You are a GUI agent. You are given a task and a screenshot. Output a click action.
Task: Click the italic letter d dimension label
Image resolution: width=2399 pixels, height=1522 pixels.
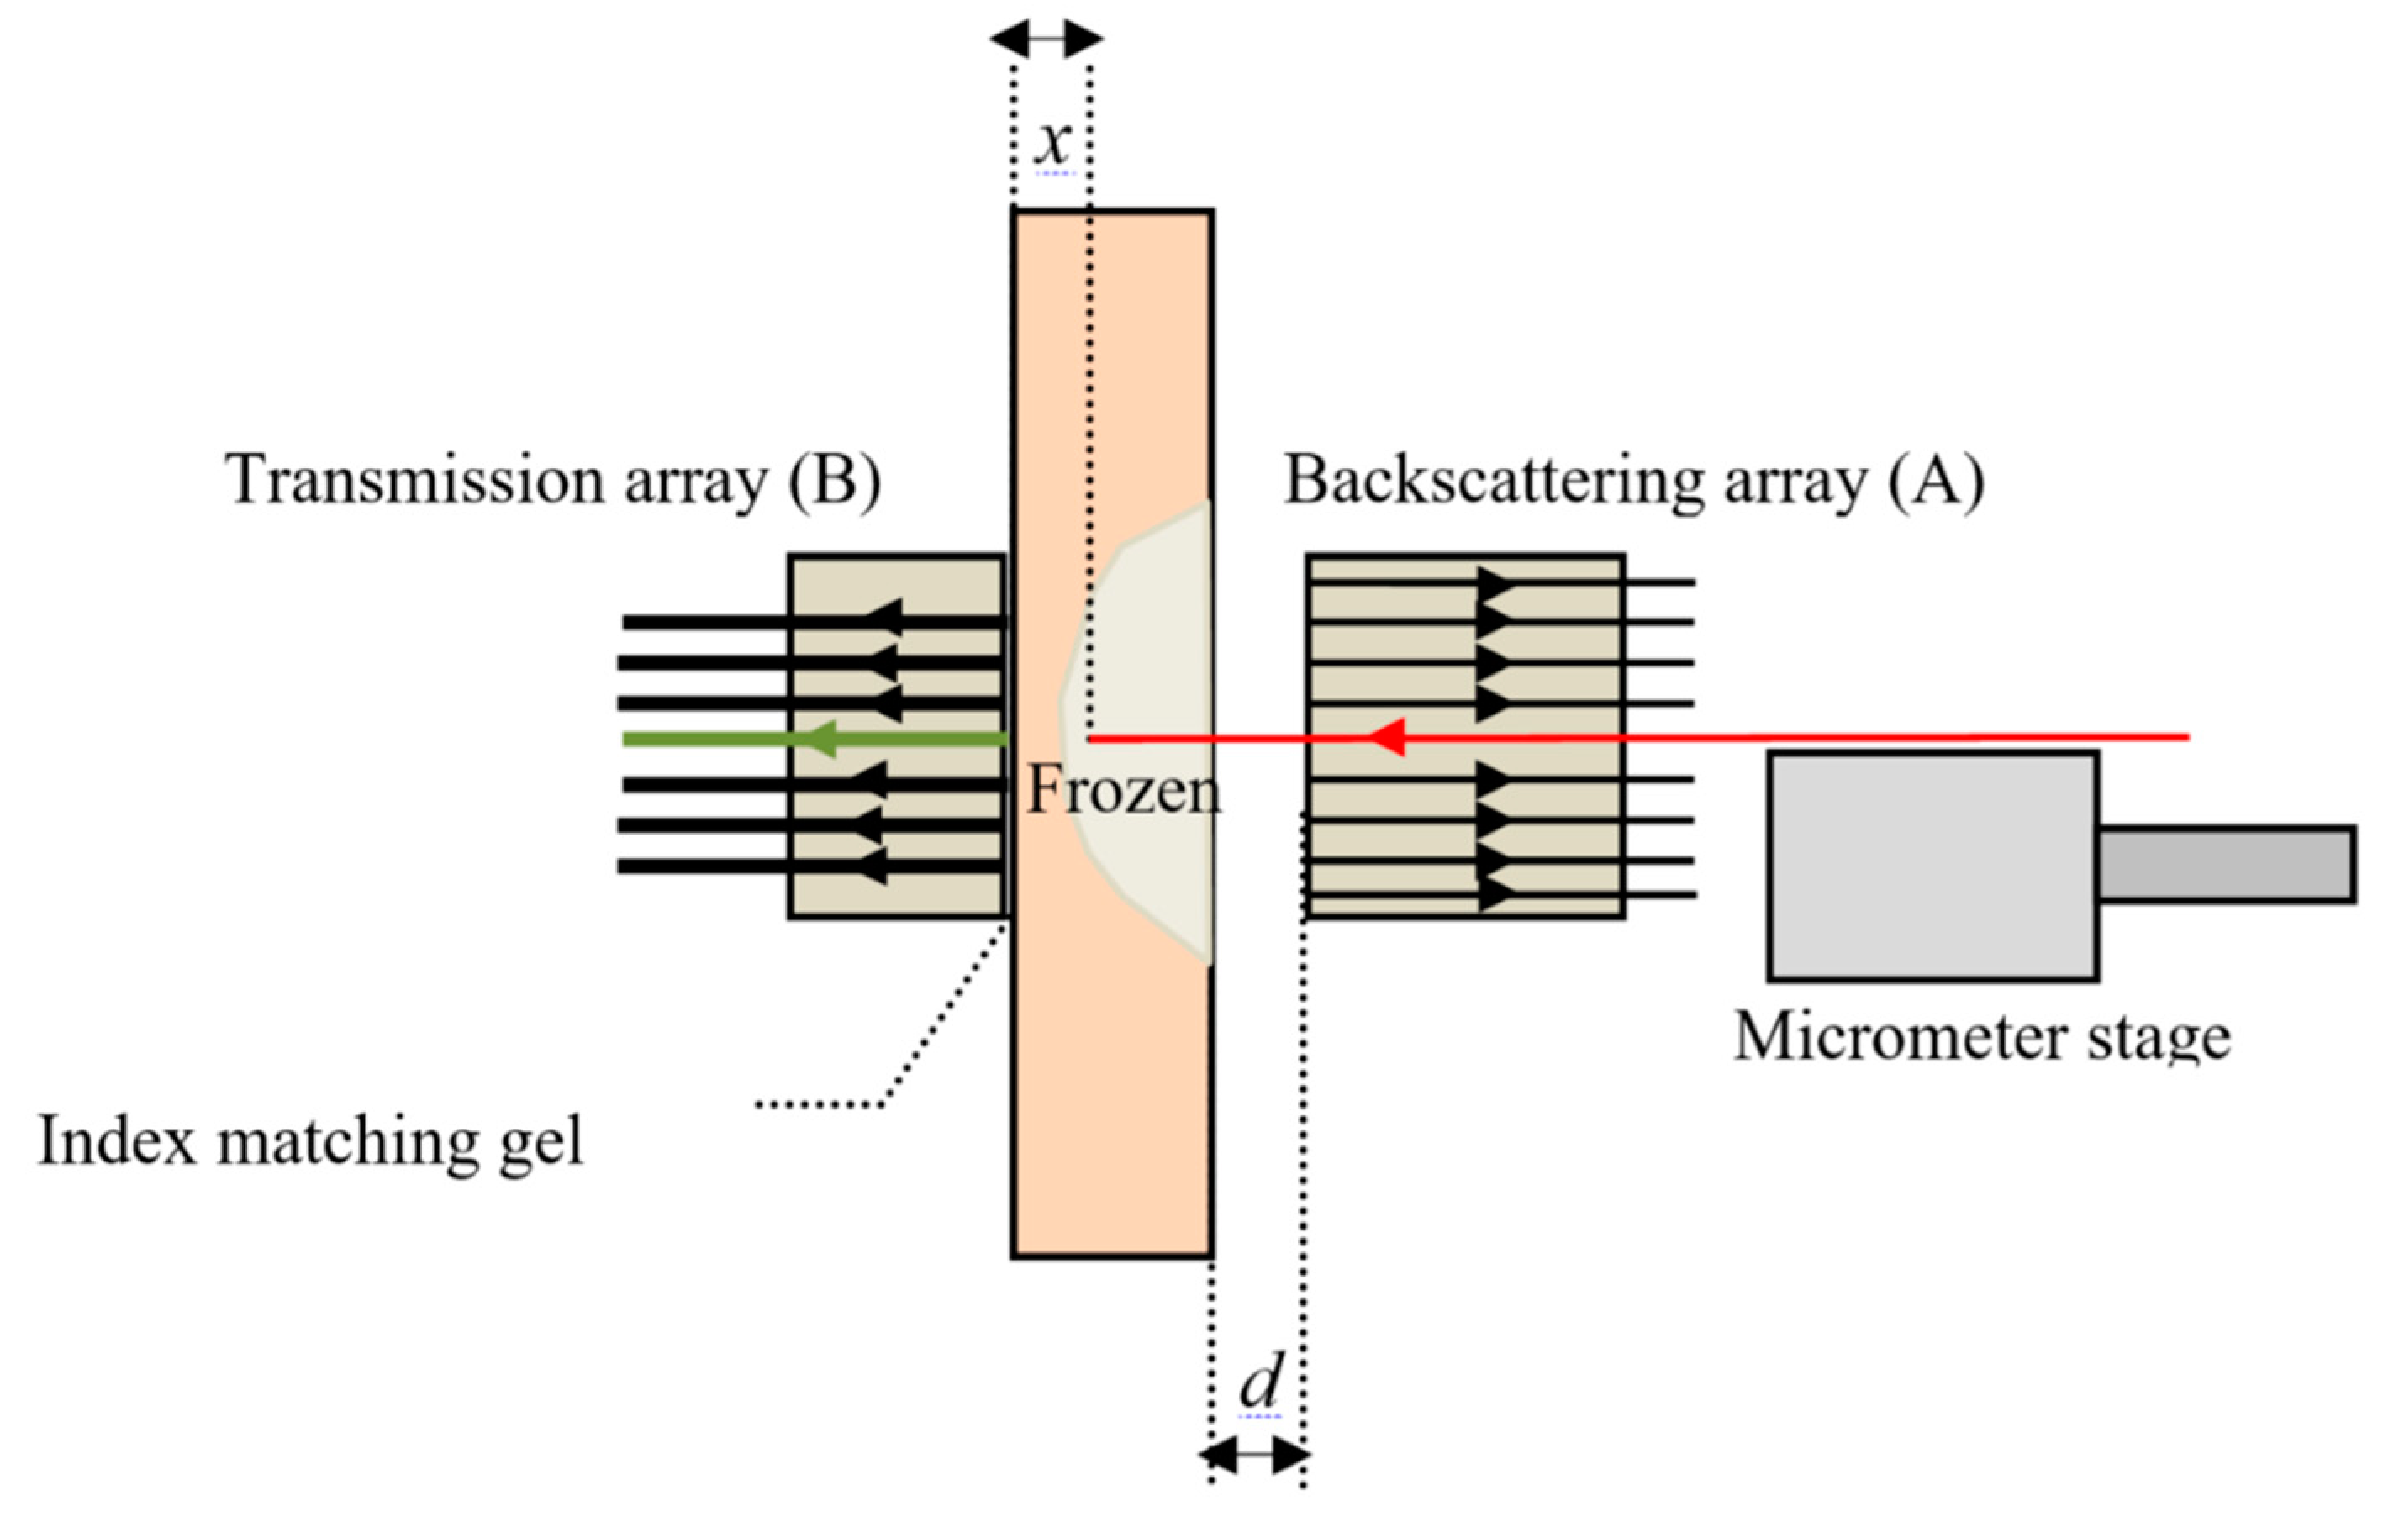[1260, 1382]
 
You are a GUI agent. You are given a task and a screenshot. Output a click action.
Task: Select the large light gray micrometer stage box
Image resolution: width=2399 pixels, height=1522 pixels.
[1932, 866]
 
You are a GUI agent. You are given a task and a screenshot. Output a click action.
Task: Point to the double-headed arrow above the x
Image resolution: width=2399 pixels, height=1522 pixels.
[1046, 39]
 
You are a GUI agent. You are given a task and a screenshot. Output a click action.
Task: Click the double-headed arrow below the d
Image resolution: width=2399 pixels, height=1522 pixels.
[1255, 1457]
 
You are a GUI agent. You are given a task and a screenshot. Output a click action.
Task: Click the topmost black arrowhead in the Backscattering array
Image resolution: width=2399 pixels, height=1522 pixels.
[1495, 582]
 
